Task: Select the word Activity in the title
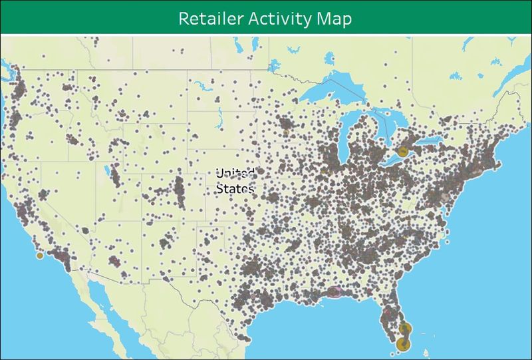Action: [x=276, y=19]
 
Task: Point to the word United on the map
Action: [x=235, y=174]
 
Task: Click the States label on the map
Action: [x=235, y=189]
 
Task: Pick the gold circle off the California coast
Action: [x=40, y=256]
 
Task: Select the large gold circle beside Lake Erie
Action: [x=403, y=151]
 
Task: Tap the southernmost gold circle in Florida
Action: [x=403, y=344]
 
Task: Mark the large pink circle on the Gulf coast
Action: [x=334, y=291]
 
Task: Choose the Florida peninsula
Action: [x=396, y=313]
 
